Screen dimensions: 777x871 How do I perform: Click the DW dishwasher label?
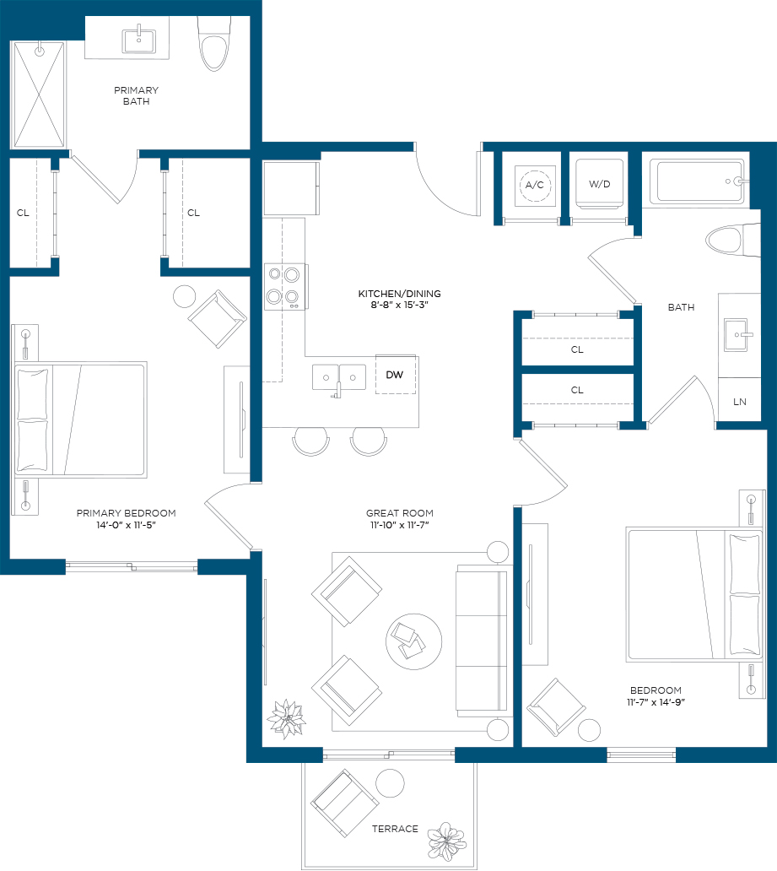point(394,375)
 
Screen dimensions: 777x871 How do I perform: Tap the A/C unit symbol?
point(535,185)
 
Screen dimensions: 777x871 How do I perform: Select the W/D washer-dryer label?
point(599,184)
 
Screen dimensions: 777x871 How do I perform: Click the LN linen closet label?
point(739,402)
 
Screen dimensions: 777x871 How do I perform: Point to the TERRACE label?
point(395,829)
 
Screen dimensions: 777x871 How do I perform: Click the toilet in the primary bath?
point(214,43)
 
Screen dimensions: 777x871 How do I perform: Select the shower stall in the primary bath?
point(39,95)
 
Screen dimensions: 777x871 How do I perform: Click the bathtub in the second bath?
point(699,181)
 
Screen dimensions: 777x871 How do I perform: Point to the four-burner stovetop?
point(284,287)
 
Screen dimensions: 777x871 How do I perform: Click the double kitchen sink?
point(339,378)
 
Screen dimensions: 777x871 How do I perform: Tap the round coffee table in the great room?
point(413,641)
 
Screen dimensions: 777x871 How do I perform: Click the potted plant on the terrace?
point(446,841)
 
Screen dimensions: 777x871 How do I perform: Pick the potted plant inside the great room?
point(287,719)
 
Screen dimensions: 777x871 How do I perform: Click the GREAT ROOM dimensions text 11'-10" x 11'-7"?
point(399,525)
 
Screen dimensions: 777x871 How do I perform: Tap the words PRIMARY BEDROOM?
point(126,513)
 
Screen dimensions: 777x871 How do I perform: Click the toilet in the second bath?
point(732,241)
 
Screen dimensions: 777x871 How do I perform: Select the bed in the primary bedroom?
point(81,420)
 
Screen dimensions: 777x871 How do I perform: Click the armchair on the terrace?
point(345,803)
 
